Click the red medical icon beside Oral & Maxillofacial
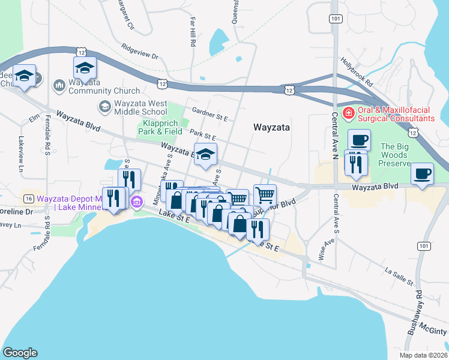point(347,112)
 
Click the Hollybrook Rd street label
point(357,71)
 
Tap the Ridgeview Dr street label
point(139,53)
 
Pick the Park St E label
point(202,136)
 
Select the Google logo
point(20,352)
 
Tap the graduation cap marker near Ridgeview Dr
point(85,68)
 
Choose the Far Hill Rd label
point(193,30)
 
